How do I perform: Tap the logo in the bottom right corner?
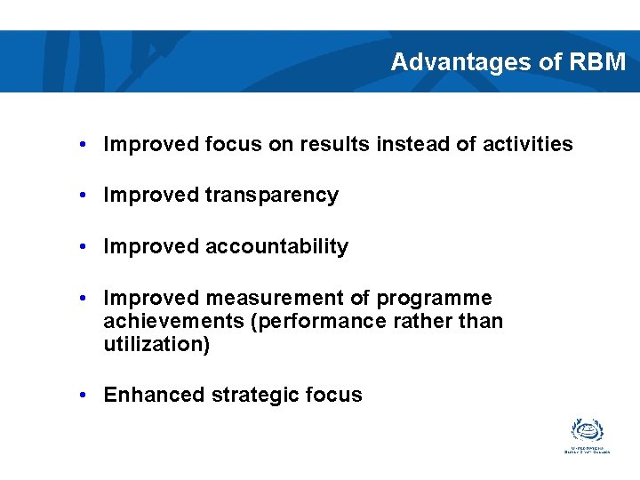pos(587,436)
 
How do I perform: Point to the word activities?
pos(527,144)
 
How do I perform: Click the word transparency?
pos(272,196)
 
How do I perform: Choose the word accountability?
pos(276,247)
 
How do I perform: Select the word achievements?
pos(174,321)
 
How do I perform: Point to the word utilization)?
pos(156,344)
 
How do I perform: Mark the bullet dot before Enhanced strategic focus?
pos(81,396)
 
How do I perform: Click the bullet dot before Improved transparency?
pos(81,196)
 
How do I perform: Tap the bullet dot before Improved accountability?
pos(81,247)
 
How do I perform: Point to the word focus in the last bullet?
pos(335,396)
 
